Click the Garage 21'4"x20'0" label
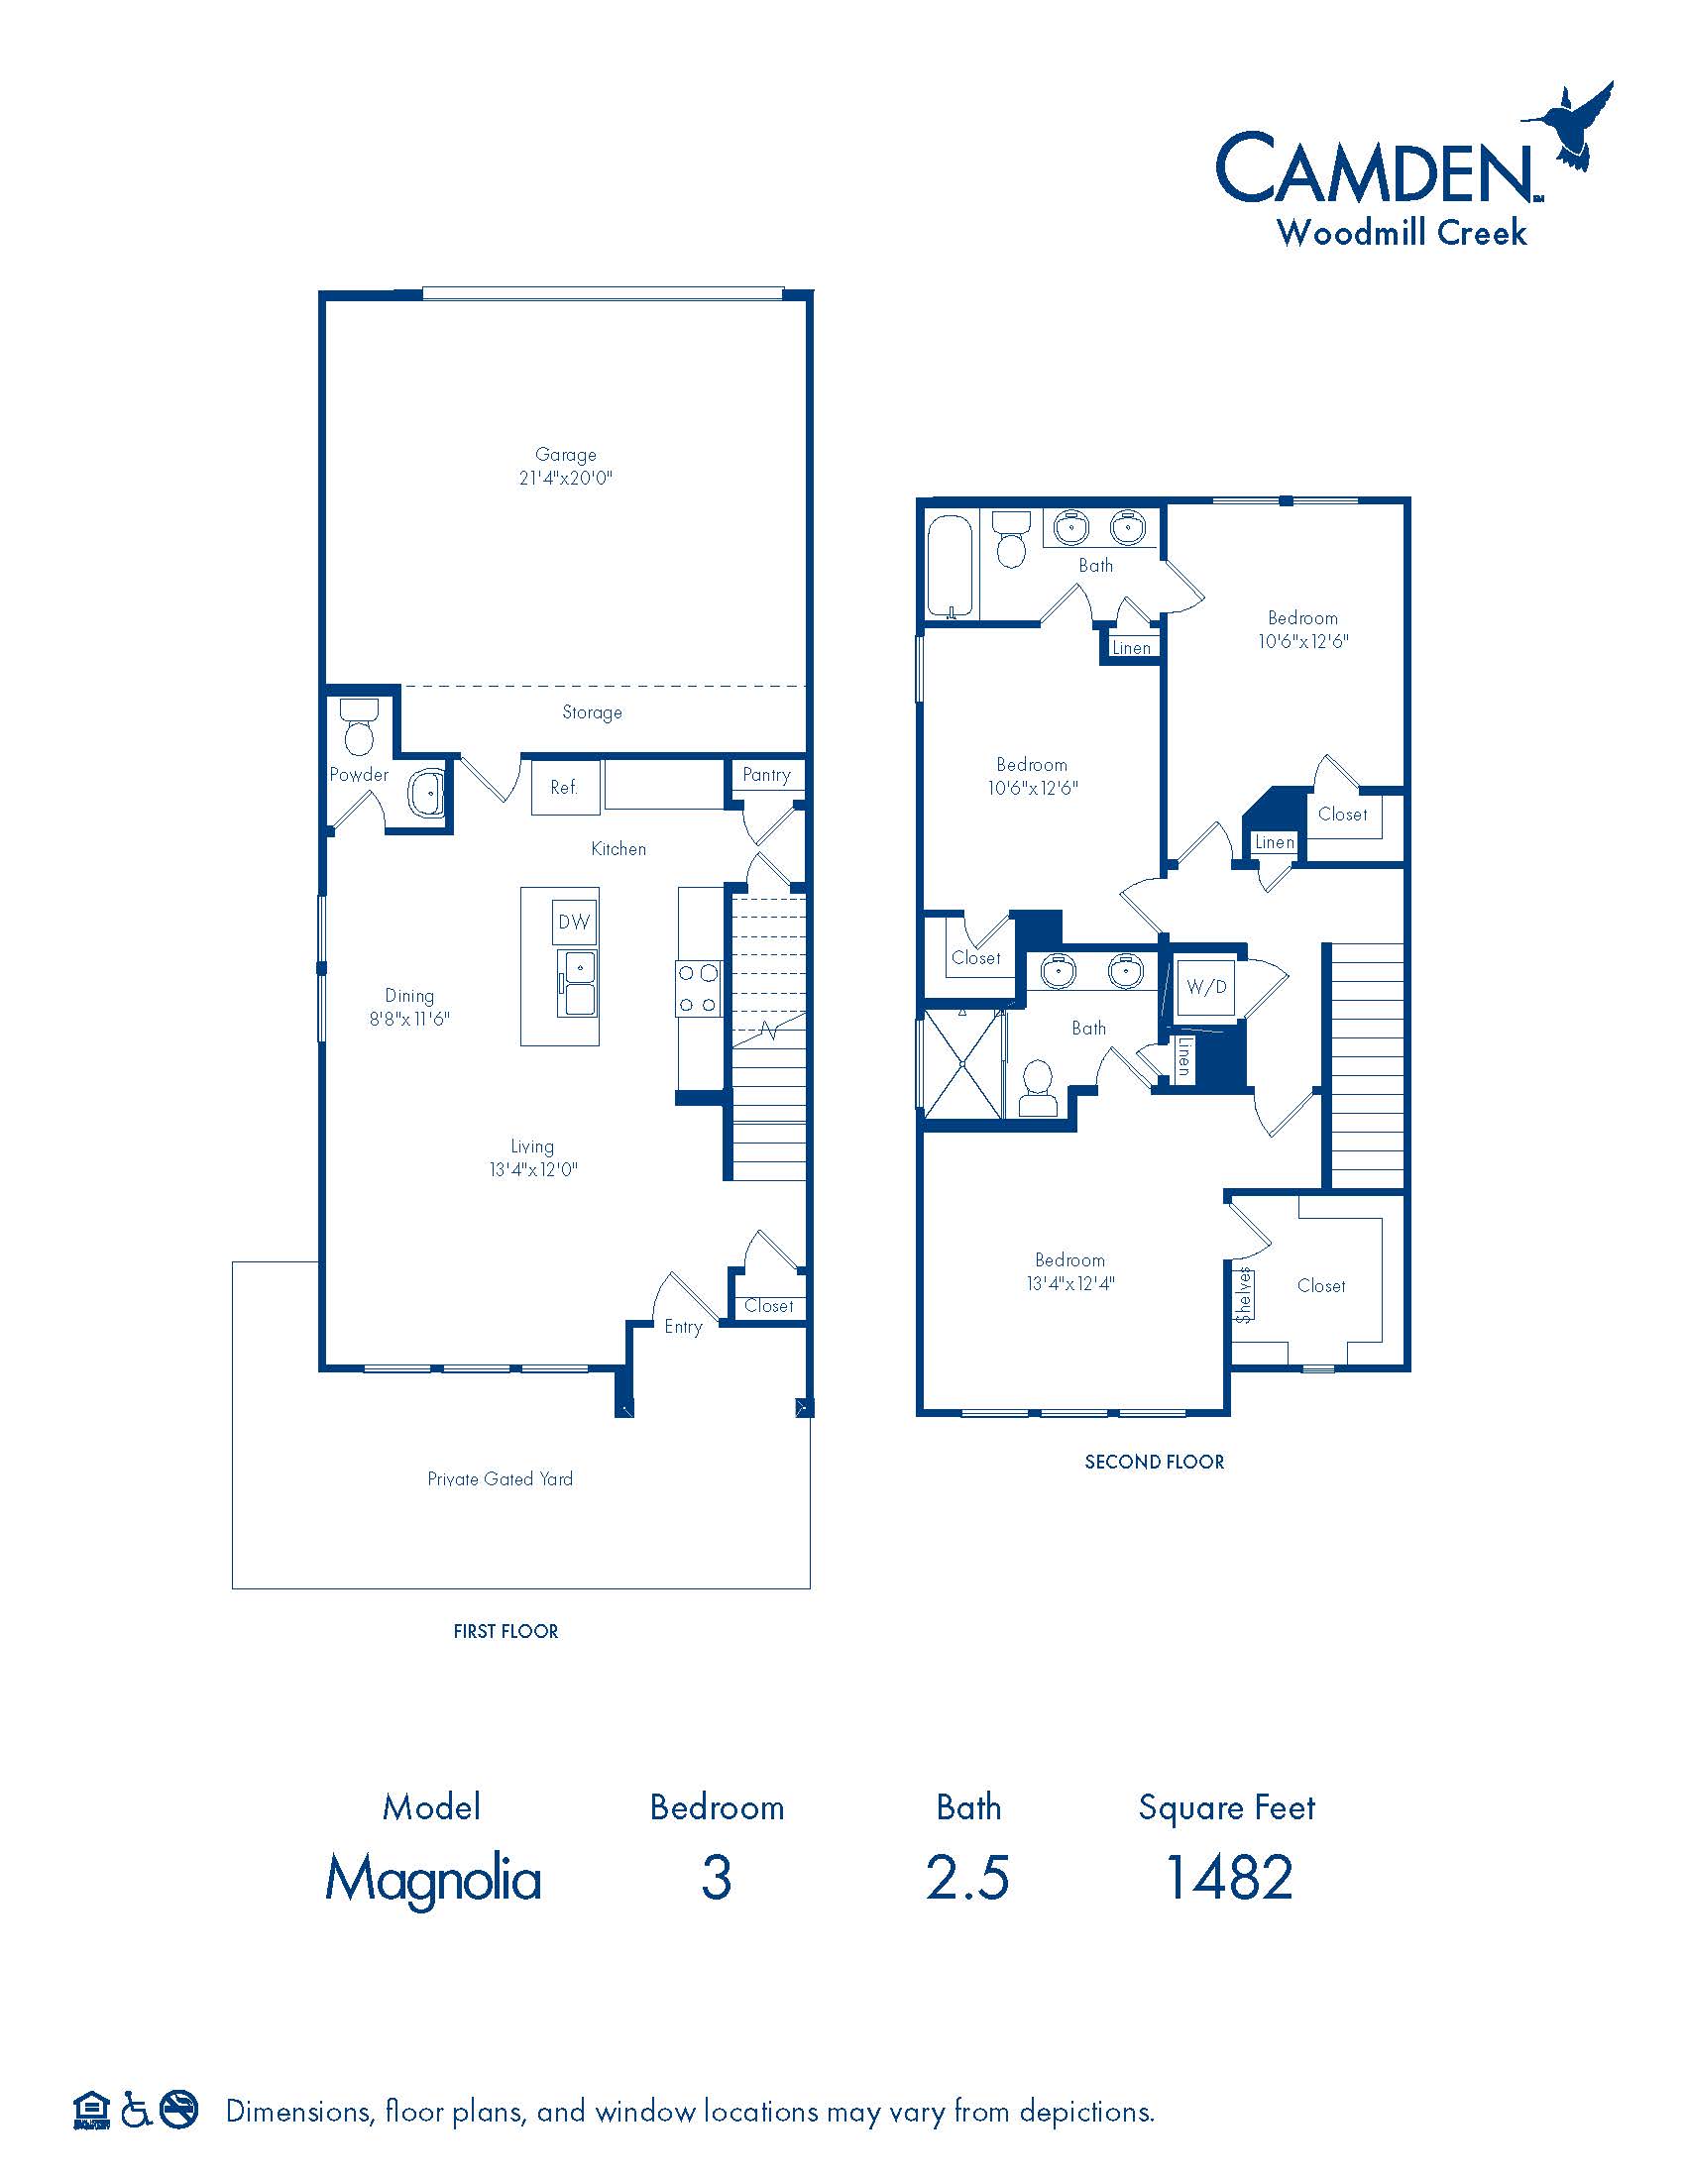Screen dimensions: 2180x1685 [x=565, y=466]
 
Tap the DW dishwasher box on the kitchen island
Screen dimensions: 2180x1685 [x=574, y=923]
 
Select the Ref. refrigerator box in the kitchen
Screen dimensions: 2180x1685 [x=565, y=788]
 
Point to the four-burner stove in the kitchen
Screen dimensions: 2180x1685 [x=699, y=988]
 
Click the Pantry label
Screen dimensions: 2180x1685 [x=766, y=775]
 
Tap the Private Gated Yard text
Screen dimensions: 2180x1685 [x=501, y=1479]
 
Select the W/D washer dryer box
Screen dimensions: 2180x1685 [x=1206, y=987]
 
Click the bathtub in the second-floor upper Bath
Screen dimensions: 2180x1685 [x=950, y=566]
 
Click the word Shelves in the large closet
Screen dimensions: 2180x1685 [x=1244, y=1296]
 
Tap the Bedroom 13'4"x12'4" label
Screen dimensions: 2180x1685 [x=1070, y=1271]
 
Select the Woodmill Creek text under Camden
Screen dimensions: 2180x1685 [x=1402, y=233]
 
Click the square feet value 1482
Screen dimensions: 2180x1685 [x=1229, y=1878]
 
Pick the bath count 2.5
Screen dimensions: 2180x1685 [x=967, y=1878]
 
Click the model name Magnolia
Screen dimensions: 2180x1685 [x=433, y=1880]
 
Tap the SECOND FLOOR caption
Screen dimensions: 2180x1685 [x=1154, y=1463]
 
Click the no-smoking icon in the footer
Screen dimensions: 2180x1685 [x=179, y=2109]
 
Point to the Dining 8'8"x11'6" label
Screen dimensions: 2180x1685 [x=409, y=1007]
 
